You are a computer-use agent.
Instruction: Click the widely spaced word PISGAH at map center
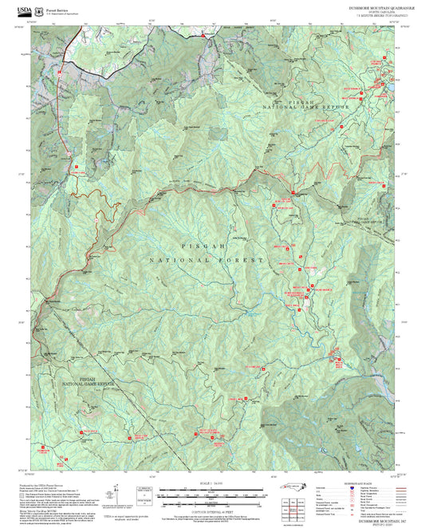(208, 248)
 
